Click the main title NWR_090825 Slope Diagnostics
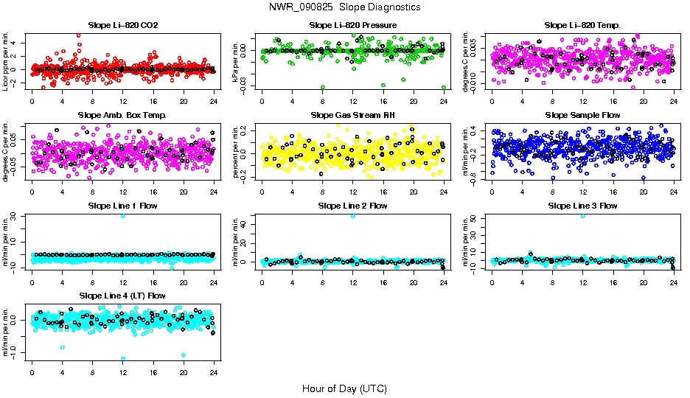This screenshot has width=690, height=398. [345, 7]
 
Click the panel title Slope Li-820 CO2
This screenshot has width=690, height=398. [123, 25]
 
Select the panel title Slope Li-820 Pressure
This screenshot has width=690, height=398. [353, 25]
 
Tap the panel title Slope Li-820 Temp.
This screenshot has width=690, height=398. [582, 25]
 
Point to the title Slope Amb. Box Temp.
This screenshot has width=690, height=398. [123, 115]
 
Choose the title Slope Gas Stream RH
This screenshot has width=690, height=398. [353, 115]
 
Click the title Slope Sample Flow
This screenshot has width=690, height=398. [582, 115]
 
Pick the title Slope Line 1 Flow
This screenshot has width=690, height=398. [123, 205]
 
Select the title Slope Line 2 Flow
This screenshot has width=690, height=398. [353, 205]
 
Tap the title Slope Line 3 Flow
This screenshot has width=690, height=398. [582, 205]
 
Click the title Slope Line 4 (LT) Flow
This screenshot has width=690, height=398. [123, 296]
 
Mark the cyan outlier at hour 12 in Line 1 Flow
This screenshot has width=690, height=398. [123, 215]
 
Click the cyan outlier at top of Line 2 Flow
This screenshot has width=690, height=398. [353, 215]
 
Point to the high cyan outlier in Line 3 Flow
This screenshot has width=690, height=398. [583, 215]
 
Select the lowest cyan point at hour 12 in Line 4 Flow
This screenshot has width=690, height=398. [123, 358]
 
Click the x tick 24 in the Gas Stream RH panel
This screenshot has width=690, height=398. [444, 192]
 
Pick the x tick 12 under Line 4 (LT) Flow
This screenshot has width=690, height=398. [123, 372]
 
